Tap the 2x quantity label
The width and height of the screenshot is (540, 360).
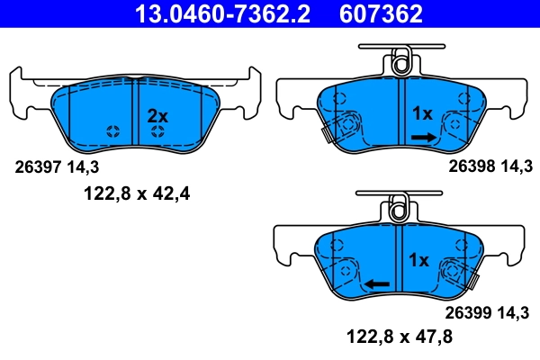[157, 115]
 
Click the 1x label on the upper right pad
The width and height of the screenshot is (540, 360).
[422, 113]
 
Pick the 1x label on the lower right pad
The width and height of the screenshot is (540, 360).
[418, 260]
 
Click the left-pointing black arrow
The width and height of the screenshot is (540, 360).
[377, 283]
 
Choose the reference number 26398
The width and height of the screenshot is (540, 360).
[469, 166]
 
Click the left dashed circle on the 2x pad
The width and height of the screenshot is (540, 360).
[112, 131]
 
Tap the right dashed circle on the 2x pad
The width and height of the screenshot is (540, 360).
[157, 131]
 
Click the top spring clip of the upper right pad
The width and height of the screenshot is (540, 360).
[400, 63]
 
